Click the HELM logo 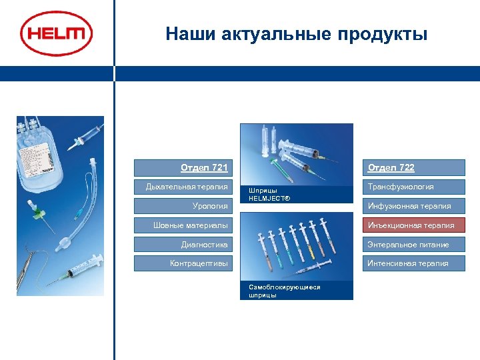pyautogui.click(x=56, y=34)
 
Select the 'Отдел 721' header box pyautogui.click(x=182, y=167)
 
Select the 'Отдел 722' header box pyautogui.click(x=415, y=167)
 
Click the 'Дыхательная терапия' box pyautogui.click(x=182, y=187)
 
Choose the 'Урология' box pyautogui.click(x=182, y=206)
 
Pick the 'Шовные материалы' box pyautogui.click(x=182, y=225)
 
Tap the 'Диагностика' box pyautogui.click(x=182, y=245)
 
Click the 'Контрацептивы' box pyautogui.click(x=182, y=263)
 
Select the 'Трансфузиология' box pyautogui.click(x=415, y=187)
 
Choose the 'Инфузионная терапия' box pyautogui.click(x=415, y=206)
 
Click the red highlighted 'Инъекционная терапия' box pyautogui.click(x=415, y=225)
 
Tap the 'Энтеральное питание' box pyautogui.click(x=415, y=245)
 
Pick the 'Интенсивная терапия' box pyautogui.click(x=415, y=263)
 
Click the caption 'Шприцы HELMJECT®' pyautogui.click(x=263, y=195)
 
